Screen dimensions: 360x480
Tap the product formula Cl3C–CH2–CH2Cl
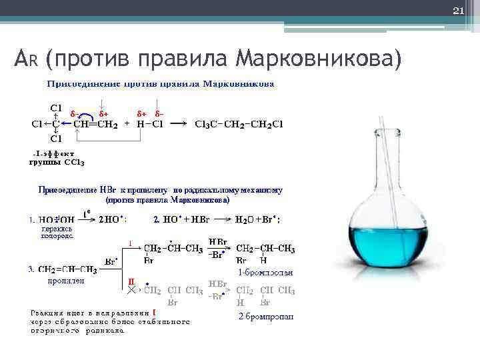pyautogui.click(x=238, y=123)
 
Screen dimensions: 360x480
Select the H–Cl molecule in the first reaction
pyautogui.click(x=148, y=123)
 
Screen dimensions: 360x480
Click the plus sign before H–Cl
pyautogui.click(x=127, y=123)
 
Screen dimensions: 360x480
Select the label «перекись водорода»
pyautogui.click(x=57, y=231)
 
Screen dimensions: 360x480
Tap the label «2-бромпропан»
pyautogui.click(x=266, y=316)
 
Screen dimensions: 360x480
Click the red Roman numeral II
pyautogui.click(x=131, y=282)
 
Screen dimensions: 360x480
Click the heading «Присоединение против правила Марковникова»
pyautogui.click(x=160, y=85)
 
